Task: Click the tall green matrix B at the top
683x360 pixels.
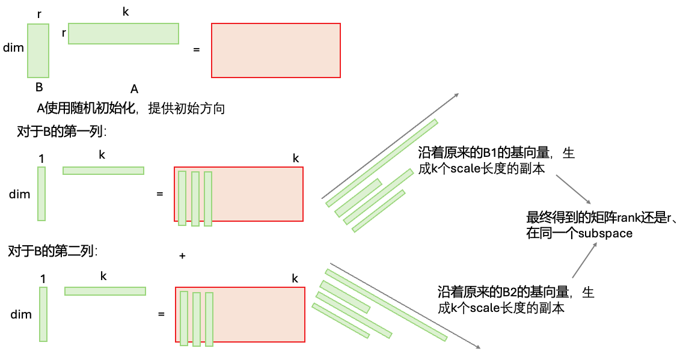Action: tap(38, 50)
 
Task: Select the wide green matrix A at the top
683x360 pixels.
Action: tap(123, 34)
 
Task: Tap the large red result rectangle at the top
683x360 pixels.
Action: tap(276, 50)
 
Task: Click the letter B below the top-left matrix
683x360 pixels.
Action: tap(39, 87)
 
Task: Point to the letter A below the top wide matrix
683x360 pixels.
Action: tap(135, 90)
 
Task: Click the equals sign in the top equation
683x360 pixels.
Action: tap(196, 49)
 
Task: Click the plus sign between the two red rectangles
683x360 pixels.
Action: tap(182, 256)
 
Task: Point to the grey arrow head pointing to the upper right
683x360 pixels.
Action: tap(456, 95)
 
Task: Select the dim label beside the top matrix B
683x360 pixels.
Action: tap(13, 47)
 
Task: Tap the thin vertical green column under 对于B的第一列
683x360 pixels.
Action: tap(41, 194)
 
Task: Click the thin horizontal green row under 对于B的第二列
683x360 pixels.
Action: tap(105, 291)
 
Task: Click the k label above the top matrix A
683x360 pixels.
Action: tap(125, 12)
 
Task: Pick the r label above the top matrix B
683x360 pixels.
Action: tap(39, 13)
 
